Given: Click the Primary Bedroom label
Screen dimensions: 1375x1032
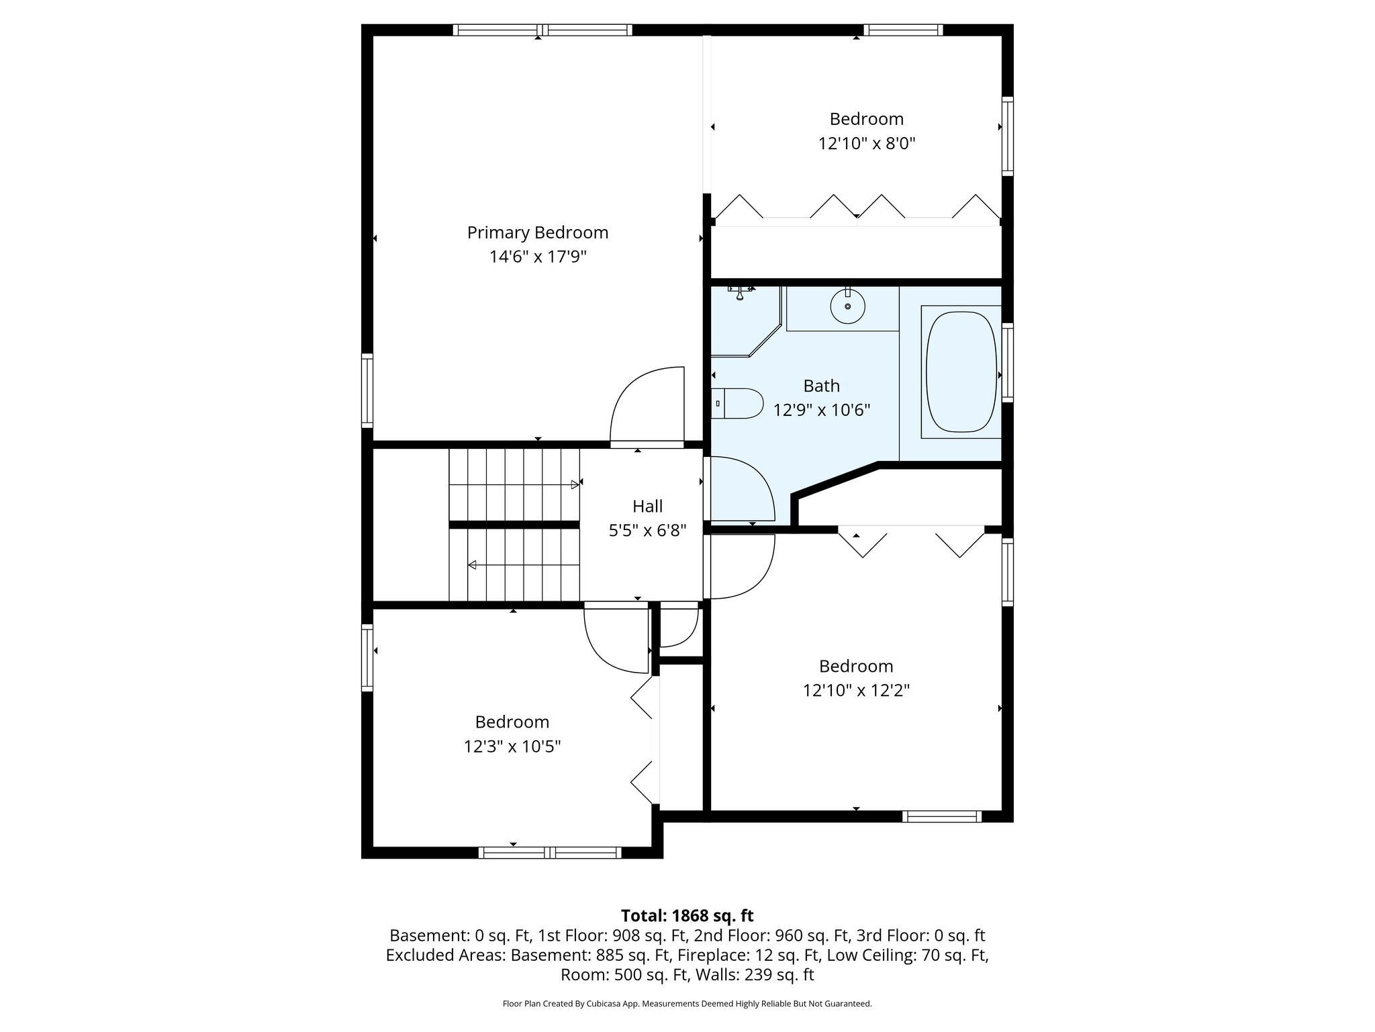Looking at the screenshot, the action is click(538, 233).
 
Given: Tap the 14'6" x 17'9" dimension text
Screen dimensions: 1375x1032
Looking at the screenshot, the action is click(538, 257).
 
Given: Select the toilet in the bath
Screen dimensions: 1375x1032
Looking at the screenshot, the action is click(737, 404).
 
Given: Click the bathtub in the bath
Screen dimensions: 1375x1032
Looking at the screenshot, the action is click(961, 372).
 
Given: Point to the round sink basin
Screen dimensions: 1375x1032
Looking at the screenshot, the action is click(847, 306).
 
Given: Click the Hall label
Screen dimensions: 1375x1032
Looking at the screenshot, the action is click(647, 507).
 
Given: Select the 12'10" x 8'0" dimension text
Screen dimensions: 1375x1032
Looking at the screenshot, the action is click(867, 143).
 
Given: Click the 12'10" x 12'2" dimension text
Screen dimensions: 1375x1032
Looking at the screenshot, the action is click(856, 691).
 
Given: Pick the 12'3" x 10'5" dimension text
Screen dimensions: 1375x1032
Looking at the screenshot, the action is click(512, 746).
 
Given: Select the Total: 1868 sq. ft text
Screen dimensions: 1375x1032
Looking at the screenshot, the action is click(687, 916).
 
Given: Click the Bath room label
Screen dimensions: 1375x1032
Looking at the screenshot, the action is click(822, 386).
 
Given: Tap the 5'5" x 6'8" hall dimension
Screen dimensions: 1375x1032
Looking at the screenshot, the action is click(647, 531).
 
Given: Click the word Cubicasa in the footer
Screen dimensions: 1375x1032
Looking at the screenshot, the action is click(601, 1004).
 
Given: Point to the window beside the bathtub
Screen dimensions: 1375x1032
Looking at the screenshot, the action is click(1007, 363).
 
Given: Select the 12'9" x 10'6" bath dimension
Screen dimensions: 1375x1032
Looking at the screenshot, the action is click(822, 410).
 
